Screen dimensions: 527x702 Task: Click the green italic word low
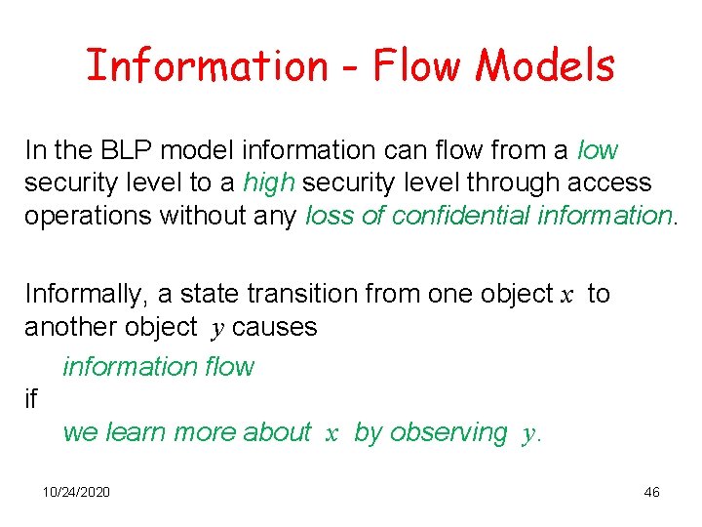tap(598, 150)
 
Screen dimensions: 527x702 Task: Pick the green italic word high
tap(269, 182)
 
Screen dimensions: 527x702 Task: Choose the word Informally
tap(83, 294)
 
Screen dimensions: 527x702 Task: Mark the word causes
tap(275, 327)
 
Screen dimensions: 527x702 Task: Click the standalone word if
tap(30, 398)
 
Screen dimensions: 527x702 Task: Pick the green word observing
tap(448, 432)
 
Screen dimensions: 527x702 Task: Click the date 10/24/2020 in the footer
tap(76, 492)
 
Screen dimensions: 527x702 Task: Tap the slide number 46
tap(651, 492)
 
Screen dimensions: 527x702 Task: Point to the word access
tap(609, 182)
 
